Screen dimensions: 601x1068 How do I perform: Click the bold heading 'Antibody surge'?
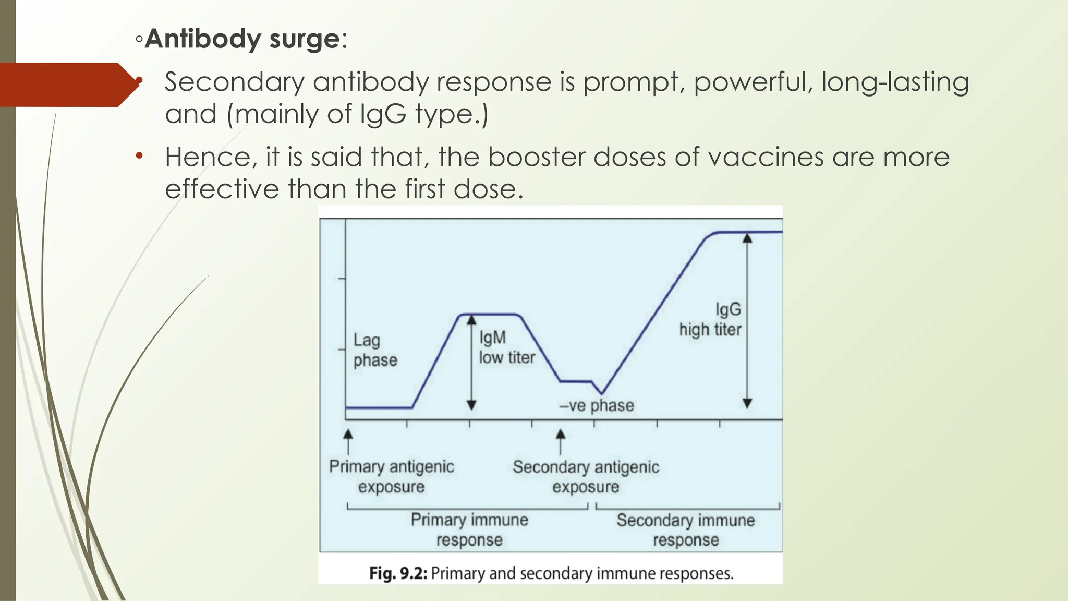(242, 39)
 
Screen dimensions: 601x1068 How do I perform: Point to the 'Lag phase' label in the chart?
(375, 350)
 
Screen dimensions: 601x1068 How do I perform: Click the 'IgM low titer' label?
(506, 347)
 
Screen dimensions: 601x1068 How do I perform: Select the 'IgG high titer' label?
(710, 319)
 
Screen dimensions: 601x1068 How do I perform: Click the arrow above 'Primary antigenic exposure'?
(348, 441)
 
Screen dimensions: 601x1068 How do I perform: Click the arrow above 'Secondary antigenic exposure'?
(561, 441)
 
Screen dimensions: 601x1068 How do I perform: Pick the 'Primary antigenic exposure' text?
(391, 476)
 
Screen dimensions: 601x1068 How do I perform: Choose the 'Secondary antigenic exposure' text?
(586, 476)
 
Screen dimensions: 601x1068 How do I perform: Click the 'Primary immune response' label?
(469, 530)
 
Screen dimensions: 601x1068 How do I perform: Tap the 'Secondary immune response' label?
(686, 530)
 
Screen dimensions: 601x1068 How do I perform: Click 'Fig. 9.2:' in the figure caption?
(398, 573)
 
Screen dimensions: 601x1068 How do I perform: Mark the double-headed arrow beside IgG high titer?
(747, 320)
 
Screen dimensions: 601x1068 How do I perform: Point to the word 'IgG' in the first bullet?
(383, 114)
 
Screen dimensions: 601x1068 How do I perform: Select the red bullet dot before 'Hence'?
(139, 156)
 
